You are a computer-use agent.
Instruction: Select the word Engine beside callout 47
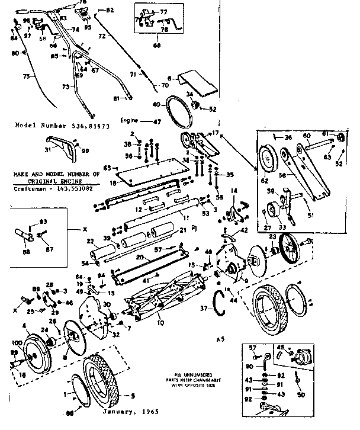click(x=129, y=120)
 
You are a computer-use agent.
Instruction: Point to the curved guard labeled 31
click(x=60, y=149)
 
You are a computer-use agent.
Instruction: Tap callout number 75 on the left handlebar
click(x=24, y=76)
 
